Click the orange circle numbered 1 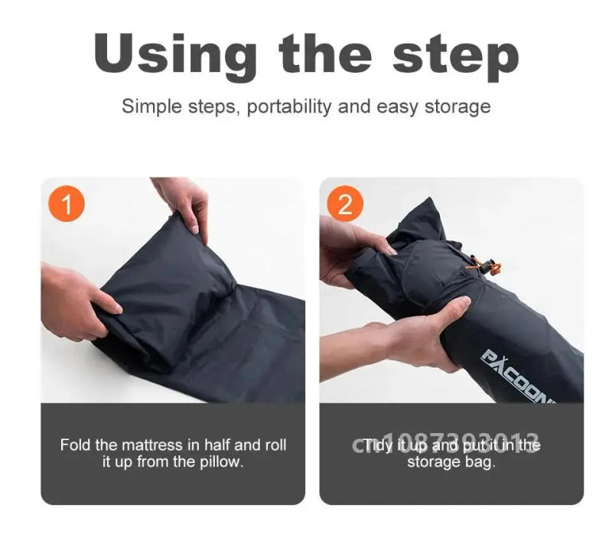pos(67,205)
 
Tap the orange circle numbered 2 pos(345,205)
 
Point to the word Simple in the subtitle pos(148,106)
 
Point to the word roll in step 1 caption pos(275,445)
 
